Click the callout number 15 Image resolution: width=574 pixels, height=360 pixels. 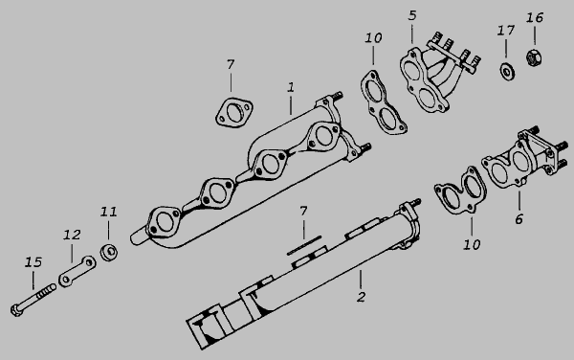click(33, 262)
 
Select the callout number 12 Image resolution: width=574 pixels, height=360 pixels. click(72, 235)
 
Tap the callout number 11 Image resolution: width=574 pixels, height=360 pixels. click(109, 212)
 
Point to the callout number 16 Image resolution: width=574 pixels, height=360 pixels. click(535, 17)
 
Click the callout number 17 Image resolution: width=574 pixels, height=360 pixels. click(506, 31)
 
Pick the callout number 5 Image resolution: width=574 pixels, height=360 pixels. click(412, 15)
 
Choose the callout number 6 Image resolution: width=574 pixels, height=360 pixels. click(519, 219)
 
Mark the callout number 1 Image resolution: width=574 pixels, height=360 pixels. click(291, 87)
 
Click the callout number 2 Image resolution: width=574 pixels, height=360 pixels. click(361, 297)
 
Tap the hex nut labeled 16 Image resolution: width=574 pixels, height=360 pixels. click(534, 57)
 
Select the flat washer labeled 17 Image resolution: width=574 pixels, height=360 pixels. click(507, 71)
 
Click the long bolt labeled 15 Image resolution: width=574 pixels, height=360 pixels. click(33, 300)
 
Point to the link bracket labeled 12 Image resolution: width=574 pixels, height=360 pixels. click(77, 271)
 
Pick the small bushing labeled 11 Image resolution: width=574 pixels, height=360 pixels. click(109, 251)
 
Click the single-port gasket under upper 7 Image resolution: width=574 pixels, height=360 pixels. click(234, 112)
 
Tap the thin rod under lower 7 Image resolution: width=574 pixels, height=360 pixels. click(304, 245)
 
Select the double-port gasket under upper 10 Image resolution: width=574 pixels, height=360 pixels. click(383, 102)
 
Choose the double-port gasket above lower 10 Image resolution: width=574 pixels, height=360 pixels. click(460, 191)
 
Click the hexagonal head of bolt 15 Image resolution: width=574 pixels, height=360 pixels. click(17, 310)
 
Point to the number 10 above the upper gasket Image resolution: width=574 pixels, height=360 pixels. click(373, 38)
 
